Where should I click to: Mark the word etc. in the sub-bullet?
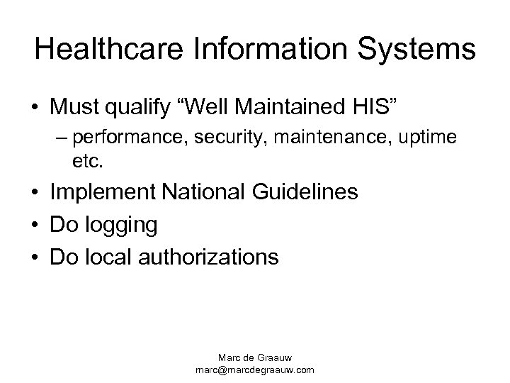(x=88, y=162)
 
